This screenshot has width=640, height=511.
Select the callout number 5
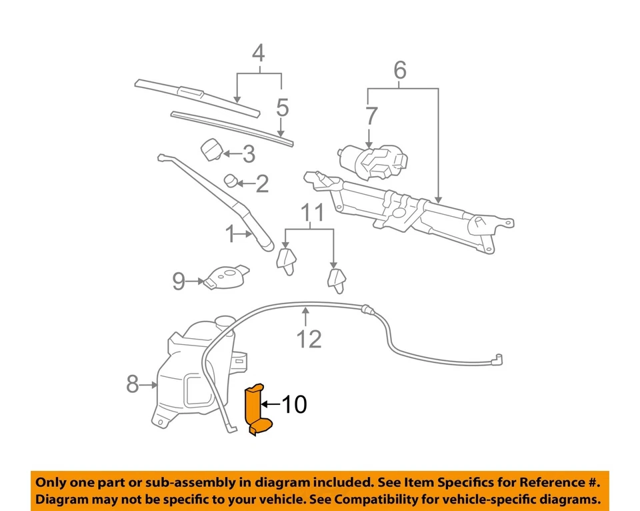(x=282, y=107)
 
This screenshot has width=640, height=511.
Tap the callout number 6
(x=399, y=69)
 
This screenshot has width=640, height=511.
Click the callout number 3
(x=248, y=155)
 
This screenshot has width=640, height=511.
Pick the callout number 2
(x=262, y=183)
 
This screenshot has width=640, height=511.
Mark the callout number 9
(x=179, y=282)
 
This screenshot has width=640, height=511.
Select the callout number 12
(x=309, y=339)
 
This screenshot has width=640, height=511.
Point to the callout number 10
(x=293, y=404)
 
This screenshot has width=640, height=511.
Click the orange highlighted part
(x=256, y=410)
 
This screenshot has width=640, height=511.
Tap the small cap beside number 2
(x=230, y=180)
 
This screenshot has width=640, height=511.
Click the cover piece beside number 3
(x=213, y=150)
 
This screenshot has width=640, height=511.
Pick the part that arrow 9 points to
(x=225, y=276)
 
